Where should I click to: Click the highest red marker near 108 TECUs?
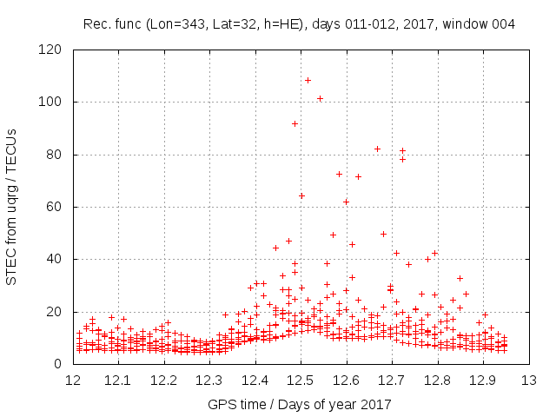coord(308,80)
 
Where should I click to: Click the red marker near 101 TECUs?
coord(320,98)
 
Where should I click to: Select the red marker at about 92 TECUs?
coord(295,123)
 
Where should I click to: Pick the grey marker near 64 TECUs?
coord(301,195)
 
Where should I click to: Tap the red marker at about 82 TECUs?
coord(377,149)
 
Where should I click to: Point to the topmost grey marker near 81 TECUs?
coord(402,150)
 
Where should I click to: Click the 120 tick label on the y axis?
coord(55,50)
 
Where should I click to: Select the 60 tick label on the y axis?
coord(58,207)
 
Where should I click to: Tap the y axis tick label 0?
coord(62,364)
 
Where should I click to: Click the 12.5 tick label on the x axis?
coord(301,380)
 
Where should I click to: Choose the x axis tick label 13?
coord(528,380)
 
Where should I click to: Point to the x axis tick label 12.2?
coord(164,380)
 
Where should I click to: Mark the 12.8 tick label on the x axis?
coord(437,380)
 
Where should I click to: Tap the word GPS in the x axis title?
coord(220,404)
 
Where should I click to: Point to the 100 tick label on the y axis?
coord(55,103)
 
